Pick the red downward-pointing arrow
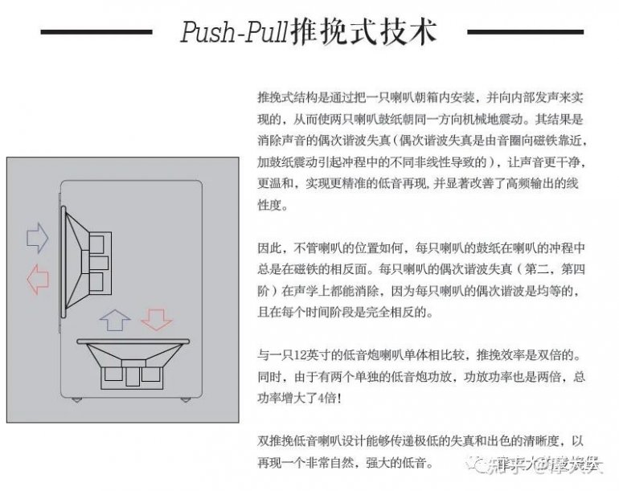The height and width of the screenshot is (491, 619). point(157,320)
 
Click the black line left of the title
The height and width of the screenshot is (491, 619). point(96,32)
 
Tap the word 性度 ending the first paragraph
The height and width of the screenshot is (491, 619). point(267,206)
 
